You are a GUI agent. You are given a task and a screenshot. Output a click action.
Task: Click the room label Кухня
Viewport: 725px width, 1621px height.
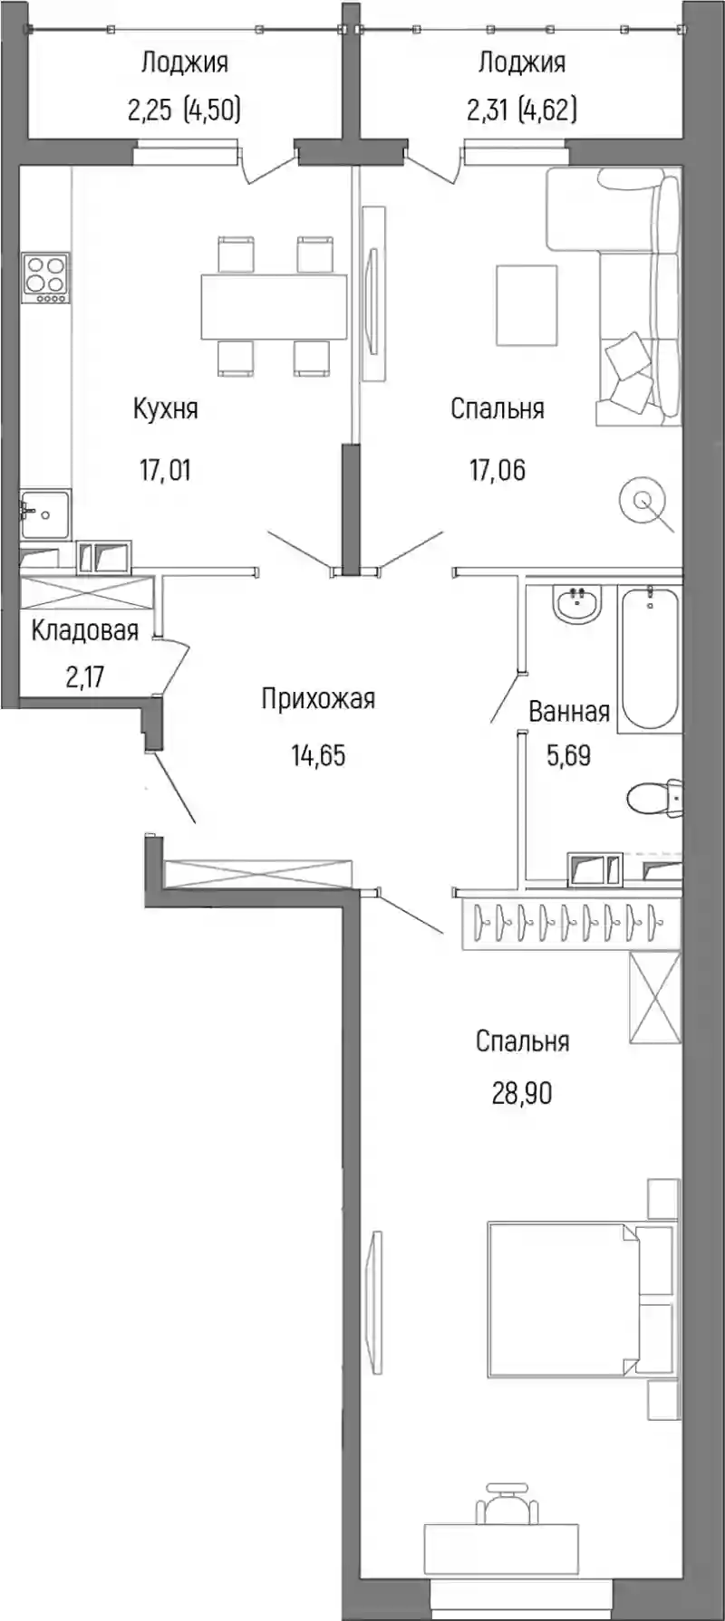click(x=165, y=409)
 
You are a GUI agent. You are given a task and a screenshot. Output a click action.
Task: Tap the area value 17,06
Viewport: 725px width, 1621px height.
click(x=498, y=471)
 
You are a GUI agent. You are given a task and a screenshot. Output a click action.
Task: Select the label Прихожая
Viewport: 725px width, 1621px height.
click(x=318, y=699)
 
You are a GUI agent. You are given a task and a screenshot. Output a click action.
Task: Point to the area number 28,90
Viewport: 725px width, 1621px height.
click(x=522, y=1094)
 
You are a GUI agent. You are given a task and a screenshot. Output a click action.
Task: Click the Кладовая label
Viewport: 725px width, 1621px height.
click(x=84, y=631)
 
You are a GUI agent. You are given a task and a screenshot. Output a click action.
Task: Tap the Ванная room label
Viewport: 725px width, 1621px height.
click(x=569, y=712)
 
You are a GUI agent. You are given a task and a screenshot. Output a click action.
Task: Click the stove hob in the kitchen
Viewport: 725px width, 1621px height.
click(x=46, y=279)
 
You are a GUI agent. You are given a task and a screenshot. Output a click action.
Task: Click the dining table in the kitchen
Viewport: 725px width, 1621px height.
click(x=274, y=306)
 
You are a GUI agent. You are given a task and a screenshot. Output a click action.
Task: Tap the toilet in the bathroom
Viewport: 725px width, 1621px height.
click(x=654, y=799)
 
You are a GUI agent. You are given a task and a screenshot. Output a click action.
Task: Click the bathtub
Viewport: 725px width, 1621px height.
click(x=648, y=657)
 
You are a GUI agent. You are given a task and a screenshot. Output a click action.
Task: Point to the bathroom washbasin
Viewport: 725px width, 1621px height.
click(x=577, y=604)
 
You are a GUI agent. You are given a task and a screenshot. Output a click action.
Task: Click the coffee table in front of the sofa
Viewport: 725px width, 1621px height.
click(x=527, y=305)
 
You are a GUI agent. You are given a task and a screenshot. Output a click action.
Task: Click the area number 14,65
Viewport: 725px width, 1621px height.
click(x=318, y=754)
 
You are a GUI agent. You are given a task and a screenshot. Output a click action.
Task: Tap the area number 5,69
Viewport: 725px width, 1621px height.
click(x=568, y=754)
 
